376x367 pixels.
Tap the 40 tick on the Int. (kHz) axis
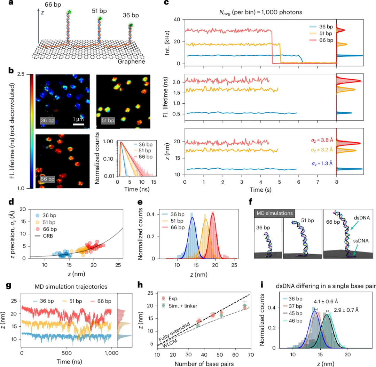(180, 19)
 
